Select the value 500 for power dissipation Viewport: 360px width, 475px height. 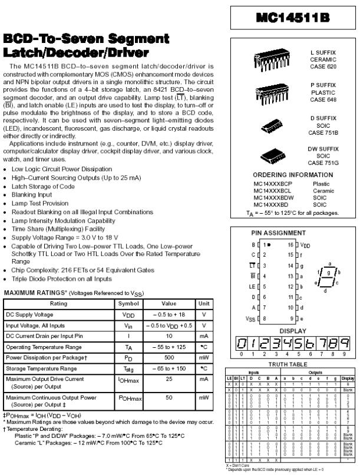(x=170, y=357)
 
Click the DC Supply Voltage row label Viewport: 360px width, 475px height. (x=29, y=315)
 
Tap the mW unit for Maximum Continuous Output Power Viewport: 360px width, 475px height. (x=204, y=398)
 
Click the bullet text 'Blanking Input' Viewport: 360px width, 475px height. (x=32, y=194)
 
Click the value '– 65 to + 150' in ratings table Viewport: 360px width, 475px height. (x=170, y=368)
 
